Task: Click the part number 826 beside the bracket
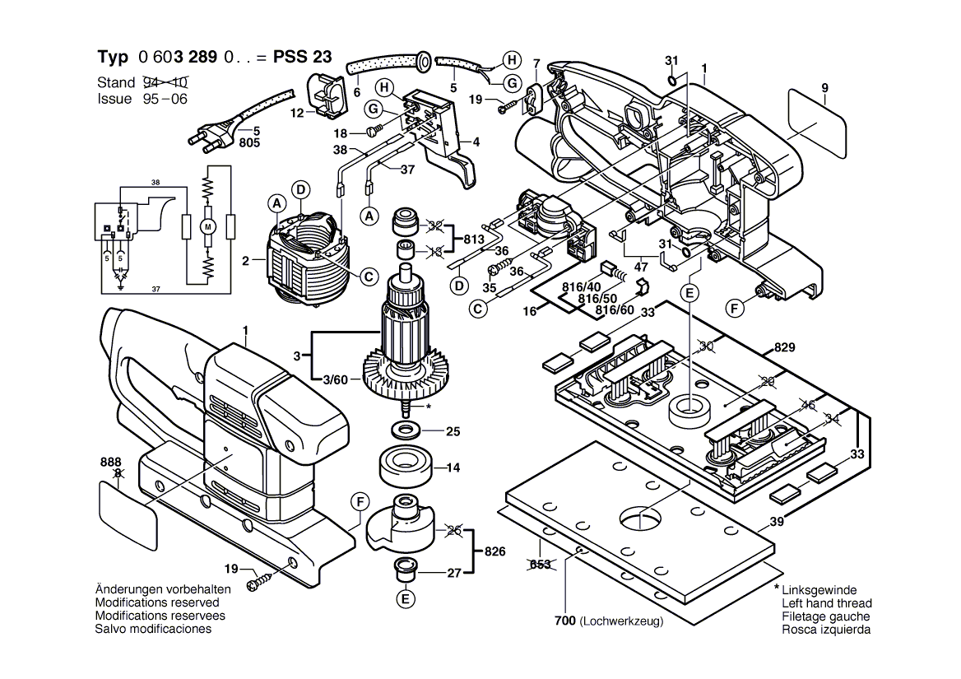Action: (x=495, y=551)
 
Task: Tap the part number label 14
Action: (x=453, y=468)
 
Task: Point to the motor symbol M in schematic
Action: (x=208, y=226)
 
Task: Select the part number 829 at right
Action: (x=785, y=347)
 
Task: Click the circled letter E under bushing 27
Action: (x=405, y=598)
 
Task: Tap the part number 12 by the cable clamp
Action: (x=297, y=113)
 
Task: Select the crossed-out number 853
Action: (x=540, y=564)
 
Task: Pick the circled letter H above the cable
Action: (x=511, y=59)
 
